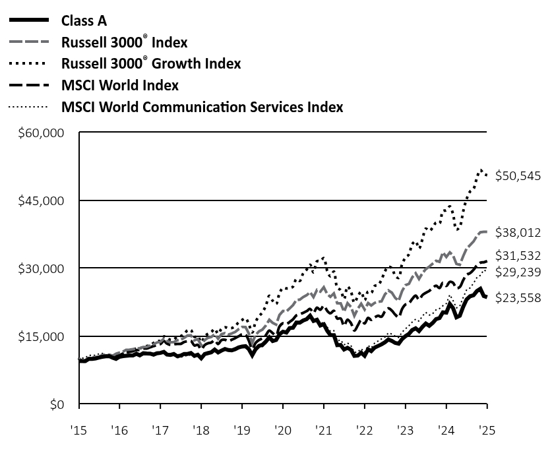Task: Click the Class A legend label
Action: (84, 20)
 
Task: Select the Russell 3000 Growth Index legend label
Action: (151, 63)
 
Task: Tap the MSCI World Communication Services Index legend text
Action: (202, 106)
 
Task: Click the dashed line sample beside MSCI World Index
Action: (29, 85)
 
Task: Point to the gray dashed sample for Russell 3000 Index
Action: (29, 42)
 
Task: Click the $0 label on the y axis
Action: (59, 404)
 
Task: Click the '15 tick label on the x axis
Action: (79, 429)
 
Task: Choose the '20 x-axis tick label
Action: (283, 429)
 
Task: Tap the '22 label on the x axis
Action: (365, 429)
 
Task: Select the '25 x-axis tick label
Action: (487, 429)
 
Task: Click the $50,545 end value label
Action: (519, 176)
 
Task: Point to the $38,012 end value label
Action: (519, 232)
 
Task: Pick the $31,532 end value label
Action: (519, 255)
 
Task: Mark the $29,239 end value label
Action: (519, 272)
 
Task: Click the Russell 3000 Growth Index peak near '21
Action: (323, 257)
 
